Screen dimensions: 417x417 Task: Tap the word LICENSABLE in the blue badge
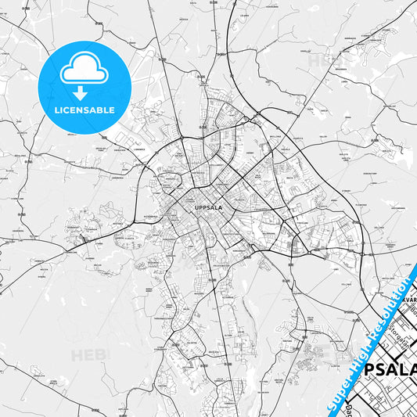84,110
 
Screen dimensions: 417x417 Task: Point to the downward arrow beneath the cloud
84,93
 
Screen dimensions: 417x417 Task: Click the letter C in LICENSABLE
67,110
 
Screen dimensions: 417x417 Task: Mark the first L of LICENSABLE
56,110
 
